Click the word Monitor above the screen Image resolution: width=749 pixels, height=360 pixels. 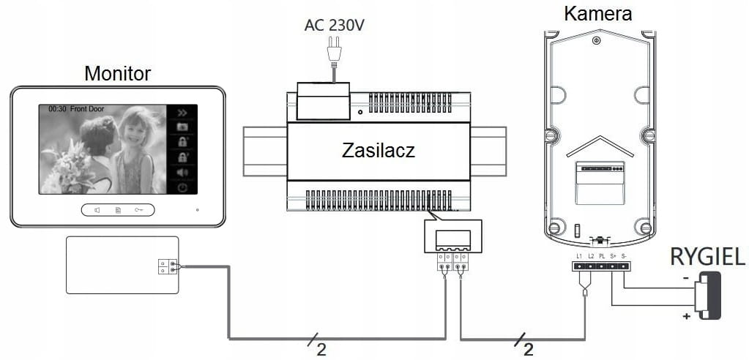pos(117,73)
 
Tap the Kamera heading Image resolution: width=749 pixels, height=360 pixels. pos(597,13)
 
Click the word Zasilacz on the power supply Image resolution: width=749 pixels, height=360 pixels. pos(379,151)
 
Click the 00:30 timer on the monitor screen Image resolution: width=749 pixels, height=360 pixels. pos(57,109)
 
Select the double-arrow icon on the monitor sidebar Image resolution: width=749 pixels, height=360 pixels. pos(182,113)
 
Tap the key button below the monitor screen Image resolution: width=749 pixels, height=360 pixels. pos(139,210)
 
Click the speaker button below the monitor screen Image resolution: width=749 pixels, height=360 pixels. pos(97,210)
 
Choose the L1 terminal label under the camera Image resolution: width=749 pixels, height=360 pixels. pos(579,255)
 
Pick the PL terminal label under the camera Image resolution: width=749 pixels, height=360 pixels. pos(602,255)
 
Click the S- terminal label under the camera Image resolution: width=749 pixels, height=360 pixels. pos(624,255)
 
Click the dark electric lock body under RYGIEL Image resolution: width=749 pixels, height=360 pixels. pos(709,295)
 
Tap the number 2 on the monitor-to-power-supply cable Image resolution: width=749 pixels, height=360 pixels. pos(321,350)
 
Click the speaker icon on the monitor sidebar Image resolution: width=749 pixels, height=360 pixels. pos(182,173)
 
